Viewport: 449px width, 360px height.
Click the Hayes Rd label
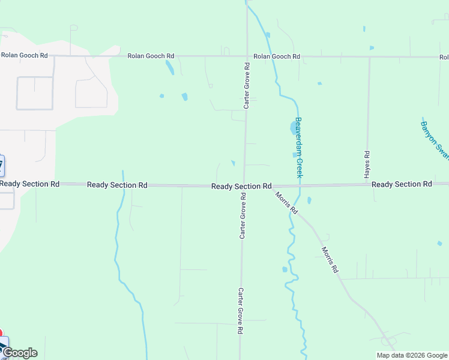click(x=367, y=164)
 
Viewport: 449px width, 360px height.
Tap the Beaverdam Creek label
click(x=298, y=147)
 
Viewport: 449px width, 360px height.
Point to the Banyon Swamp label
click(x=435, y=140)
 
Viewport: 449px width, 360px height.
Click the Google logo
click(x=20, y=353)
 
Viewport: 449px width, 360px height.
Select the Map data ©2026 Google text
click(x=411, y=355)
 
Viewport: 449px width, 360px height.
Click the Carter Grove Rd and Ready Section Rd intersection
click(x=244, y=186)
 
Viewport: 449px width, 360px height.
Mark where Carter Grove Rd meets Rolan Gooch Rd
click(x=247, y=56)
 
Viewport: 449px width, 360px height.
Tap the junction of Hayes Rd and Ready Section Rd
click(x=367, y=185)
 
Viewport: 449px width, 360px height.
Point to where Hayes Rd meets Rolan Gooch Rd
click(x=369, y=57)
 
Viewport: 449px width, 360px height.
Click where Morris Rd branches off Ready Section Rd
click(x=273, y=186)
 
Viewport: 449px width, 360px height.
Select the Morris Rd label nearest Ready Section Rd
click(x=287, y=203)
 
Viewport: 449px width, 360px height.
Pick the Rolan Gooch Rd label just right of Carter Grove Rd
click(x=277, y=56)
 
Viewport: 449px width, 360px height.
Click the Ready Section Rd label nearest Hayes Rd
click(x=402, y=184)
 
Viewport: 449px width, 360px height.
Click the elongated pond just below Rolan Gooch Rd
click(x=170, y=67)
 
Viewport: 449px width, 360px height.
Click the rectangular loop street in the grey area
click(x=34, y=93)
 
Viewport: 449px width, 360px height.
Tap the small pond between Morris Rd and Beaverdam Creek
click(x=309, y=200)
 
